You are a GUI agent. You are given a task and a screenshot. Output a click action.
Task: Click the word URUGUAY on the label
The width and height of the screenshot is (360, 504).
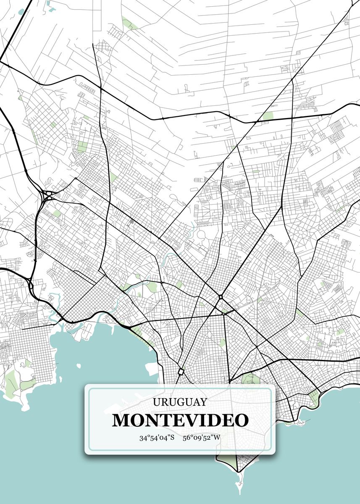[x=180, y=402]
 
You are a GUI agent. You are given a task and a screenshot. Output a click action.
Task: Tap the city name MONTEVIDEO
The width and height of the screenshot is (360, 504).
[x=180, y=420]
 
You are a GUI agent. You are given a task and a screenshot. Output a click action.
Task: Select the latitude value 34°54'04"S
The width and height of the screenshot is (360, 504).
[x=157, y=438]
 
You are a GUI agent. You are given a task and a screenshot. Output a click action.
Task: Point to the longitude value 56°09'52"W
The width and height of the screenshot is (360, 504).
[x=202, y=438]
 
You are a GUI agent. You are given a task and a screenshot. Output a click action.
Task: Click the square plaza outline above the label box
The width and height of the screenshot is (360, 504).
[x=181, y=372]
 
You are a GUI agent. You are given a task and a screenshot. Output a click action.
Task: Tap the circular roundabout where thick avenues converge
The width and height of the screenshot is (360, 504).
[x=220, y=297]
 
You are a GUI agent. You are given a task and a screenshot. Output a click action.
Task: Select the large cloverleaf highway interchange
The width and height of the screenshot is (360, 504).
[x=48, y=196]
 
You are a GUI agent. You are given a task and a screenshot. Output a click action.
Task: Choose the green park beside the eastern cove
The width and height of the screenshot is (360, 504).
[x=313, y=397]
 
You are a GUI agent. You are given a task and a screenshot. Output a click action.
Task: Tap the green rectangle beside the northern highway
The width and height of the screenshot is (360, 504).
[x=267, y=116]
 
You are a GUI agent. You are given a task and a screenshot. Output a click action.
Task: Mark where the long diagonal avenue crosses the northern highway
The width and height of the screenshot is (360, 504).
[x=256, y=122]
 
